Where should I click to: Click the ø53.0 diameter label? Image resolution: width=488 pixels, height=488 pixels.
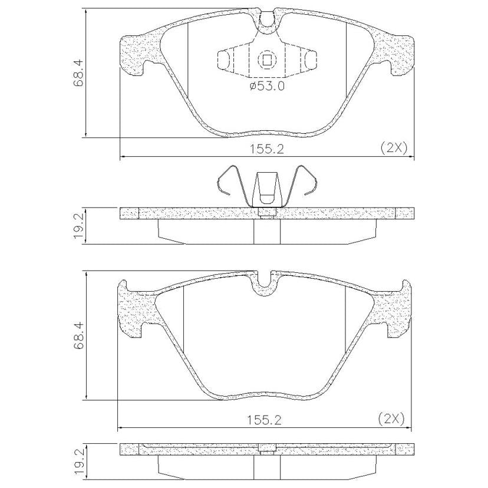click(267, 85)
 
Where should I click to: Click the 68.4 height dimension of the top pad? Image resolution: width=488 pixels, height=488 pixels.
click(78, 73)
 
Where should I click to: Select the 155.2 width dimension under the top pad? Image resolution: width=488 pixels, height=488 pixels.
click(268, 149)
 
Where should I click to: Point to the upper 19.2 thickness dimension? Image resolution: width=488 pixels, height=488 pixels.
click(78, 226)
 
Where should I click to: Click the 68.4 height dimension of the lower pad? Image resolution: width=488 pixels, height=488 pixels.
click(78, 336)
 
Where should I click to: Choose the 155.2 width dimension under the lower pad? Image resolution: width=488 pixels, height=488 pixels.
click(265, 420)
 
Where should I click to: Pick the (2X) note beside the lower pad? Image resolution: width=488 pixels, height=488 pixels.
click(391, 419)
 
